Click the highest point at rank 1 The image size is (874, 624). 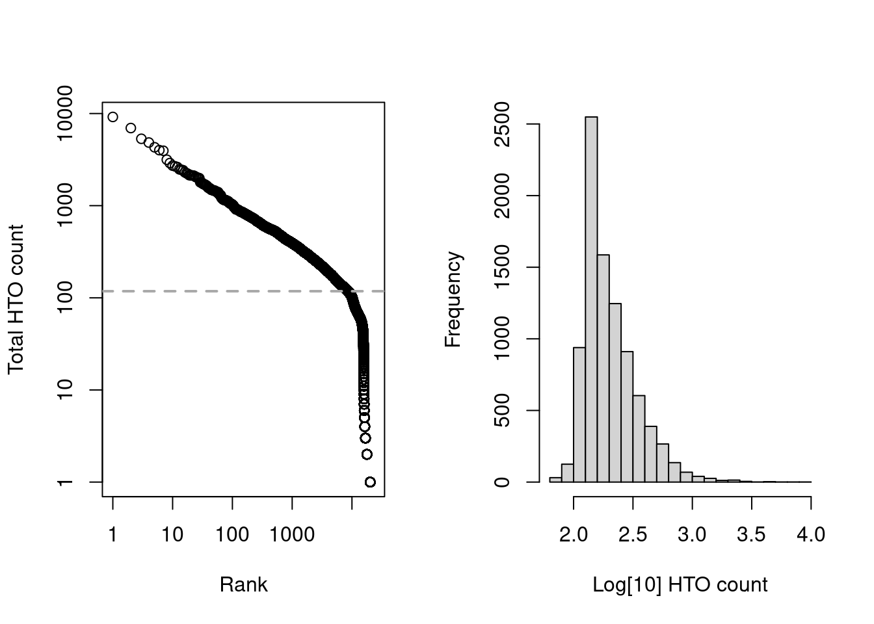click(113, 117)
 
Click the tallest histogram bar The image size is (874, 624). click(591, 299)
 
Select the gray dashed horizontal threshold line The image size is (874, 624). click(195, 291)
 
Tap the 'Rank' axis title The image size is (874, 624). click(243, 584)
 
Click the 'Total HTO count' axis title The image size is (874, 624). click(16, 299)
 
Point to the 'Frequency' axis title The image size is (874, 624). click(453, 299)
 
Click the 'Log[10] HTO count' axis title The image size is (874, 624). click(680, 584)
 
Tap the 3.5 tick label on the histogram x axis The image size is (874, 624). click(751, 534)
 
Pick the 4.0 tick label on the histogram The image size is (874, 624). click(810, 534)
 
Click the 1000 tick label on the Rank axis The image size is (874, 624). click(292, 534)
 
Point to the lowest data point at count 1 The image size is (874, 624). click(370, 482)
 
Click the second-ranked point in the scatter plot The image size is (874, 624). click(131, 128)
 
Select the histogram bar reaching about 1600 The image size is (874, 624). click(603, 368)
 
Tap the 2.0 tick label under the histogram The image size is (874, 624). click(574, 534)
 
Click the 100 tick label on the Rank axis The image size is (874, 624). click(232, 534)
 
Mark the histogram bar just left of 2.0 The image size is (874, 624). click(567, 473)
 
